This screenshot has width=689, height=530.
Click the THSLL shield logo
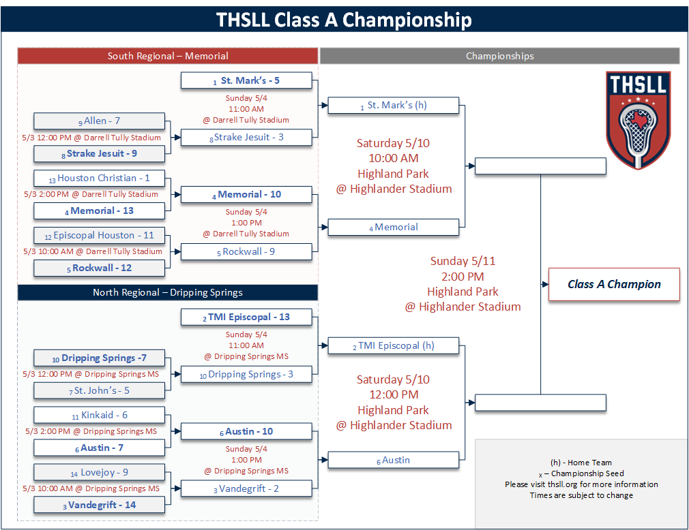[639, 120]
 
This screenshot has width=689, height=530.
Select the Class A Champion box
[614, 284]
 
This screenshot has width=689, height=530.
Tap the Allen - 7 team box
[100, 121]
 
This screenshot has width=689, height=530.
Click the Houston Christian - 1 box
[100, 178]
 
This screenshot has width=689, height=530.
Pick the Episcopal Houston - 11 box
[100, 235]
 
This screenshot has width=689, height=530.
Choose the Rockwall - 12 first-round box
[100, 268]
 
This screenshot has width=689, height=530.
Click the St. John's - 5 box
[100, 390]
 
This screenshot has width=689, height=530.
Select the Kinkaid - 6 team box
[100, 415]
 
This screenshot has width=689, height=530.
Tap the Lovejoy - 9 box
[100, 472]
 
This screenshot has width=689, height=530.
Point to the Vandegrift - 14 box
[100, 505]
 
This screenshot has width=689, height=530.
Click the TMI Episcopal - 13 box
[246, 317]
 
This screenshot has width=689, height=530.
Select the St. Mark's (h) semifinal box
[393, 106]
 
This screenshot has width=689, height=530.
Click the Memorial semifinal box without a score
[393, 228]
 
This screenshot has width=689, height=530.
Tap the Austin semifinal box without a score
[393, 460]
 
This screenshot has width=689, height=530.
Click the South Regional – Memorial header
[167, 56]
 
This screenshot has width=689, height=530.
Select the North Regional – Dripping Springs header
[167, 293]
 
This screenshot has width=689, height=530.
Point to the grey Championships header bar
[499, 56]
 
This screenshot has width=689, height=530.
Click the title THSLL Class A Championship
[344, 20]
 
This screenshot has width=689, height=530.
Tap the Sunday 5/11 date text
[463, 261]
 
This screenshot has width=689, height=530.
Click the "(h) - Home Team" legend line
[581, 463]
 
